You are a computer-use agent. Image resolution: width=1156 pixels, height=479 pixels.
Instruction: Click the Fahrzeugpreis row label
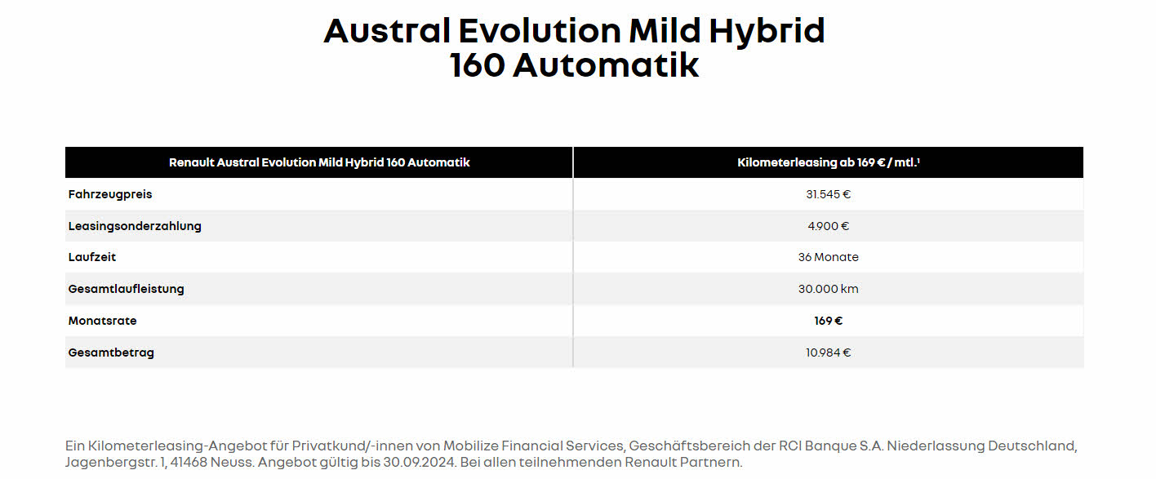[x=110, y=194]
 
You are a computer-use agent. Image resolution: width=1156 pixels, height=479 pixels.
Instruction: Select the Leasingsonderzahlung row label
[x=135, y=226]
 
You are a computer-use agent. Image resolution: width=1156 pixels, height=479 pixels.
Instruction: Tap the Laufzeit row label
[x=92, y=257]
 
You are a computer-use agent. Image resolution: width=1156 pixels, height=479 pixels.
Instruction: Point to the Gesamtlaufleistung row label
[x=126, y=289]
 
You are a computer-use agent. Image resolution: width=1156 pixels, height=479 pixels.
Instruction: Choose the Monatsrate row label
[x=102, y=321]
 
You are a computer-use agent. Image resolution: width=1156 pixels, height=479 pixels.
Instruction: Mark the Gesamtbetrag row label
[x=111, y=353]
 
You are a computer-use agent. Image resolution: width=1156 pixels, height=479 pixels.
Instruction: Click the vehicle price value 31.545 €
[x=829, y=194]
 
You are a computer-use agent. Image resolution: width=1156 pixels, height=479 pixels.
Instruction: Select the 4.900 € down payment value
[x=829, y=226]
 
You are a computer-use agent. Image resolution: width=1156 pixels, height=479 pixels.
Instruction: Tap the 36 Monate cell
[x=829, y=257]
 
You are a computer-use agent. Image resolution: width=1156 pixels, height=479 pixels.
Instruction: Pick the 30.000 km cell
[x=829, y=289]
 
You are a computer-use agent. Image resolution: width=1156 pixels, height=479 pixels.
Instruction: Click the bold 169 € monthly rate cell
[x=829, y=321]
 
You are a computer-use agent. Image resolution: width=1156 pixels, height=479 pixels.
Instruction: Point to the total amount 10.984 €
[x=829, y=353]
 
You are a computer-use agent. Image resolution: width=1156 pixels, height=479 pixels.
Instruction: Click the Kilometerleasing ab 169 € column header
[x=829, y=162]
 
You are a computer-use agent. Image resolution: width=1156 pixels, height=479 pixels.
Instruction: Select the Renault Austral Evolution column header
[x=319, y=162]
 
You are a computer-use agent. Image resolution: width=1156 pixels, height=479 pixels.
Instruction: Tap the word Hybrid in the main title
[x=767, y=31]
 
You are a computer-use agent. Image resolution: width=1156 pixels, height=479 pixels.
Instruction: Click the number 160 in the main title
[x=477, y=65]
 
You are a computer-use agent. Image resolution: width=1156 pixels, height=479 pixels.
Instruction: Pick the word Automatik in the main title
[x=606, y=65]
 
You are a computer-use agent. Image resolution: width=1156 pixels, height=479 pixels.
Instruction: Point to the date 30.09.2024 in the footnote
[x=420, y=462]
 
